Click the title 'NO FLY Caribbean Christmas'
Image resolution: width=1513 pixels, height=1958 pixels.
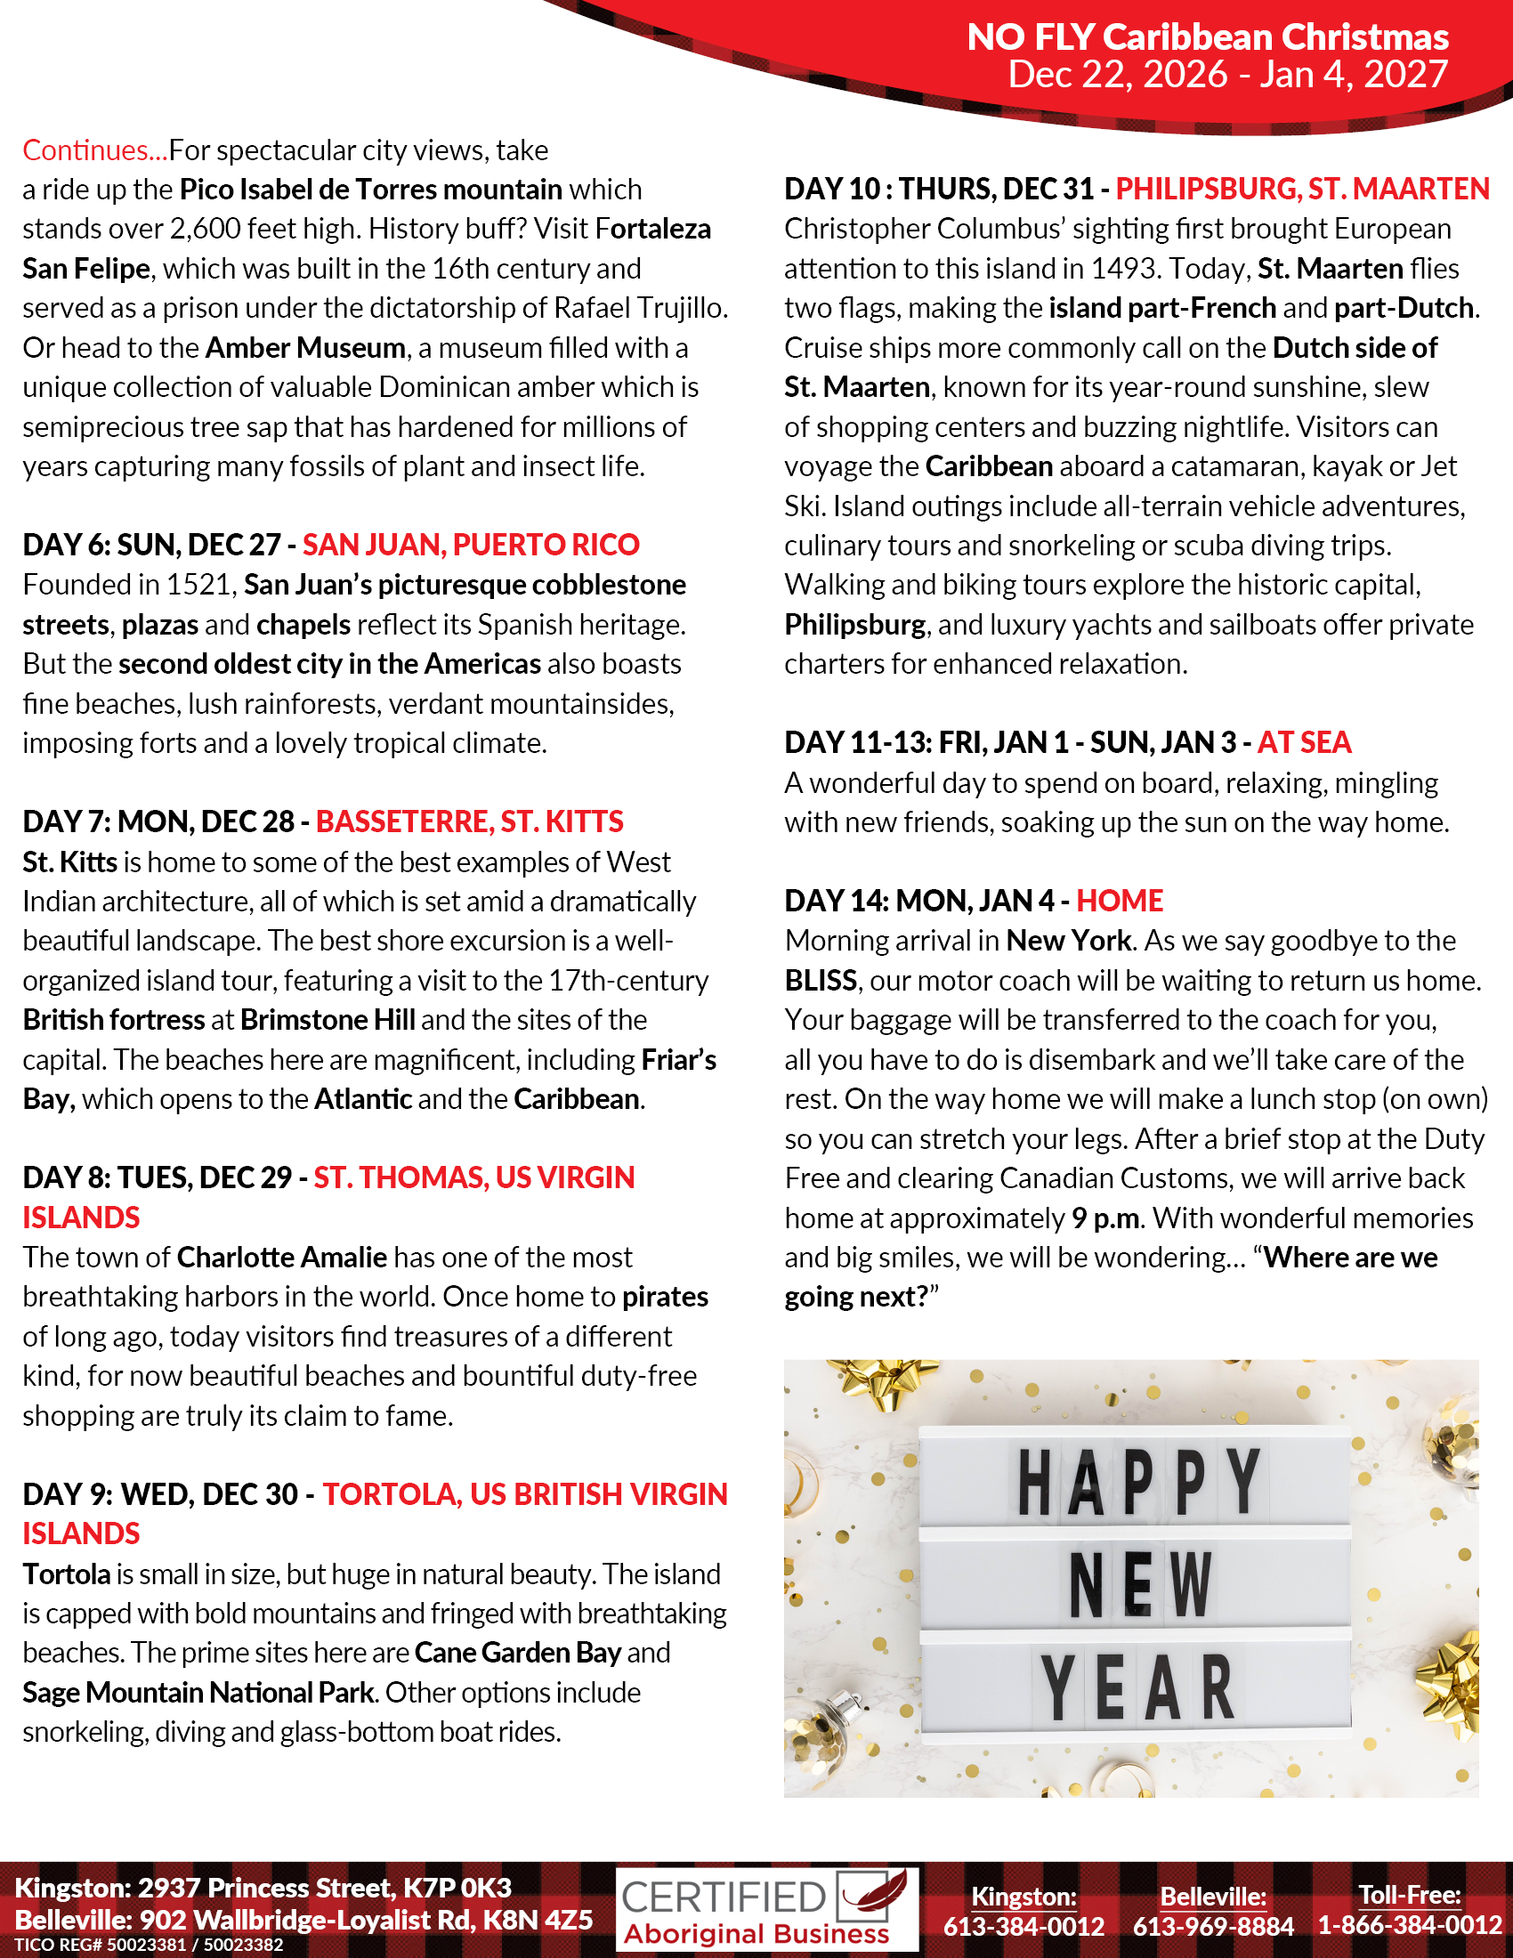(x=1207, y=37)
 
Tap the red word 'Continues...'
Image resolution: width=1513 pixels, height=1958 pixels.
(x=94, y=150)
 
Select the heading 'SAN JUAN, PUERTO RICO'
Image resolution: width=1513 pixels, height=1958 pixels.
(x=471, y=545)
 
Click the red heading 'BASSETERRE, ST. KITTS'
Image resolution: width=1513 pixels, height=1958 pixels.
(x=470, y=821)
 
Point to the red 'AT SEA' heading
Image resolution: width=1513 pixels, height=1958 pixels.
(x=1303, y=742)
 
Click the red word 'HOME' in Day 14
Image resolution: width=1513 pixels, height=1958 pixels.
(x=1120, y=900)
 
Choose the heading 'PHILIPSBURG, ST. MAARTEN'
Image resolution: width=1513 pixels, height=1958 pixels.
(x=1301, y=190)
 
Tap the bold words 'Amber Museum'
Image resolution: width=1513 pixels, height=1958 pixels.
(x=305, y=348)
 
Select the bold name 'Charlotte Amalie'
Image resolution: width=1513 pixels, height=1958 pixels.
(x=281, y=1257)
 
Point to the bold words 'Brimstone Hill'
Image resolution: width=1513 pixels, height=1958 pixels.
(x=328, y=1019)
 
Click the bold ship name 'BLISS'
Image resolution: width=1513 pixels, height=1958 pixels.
(x=821, y=980)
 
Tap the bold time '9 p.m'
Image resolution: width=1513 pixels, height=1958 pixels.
(x=1106, y=1218)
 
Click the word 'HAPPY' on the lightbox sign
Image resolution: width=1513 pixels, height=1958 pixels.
(x=1138, y=1481)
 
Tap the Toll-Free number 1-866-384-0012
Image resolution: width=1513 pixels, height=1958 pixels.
(x=1409, y=1925)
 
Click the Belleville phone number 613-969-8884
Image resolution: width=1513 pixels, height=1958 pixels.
(x=1213, y=1925)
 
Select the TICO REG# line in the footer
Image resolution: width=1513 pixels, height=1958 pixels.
(x=149, y=1945)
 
